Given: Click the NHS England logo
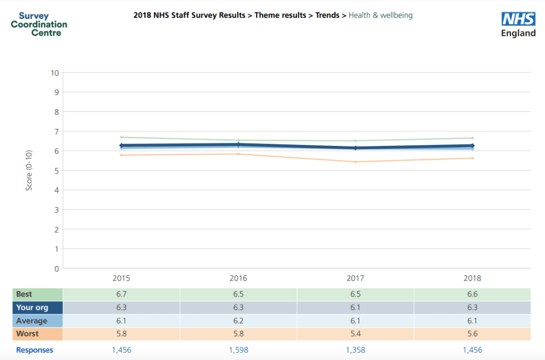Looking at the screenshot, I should (518, 25).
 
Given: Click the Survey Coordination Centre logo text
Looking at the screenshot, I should (39, 24).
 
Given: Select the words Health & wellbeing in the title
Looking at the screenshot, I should (380, 15).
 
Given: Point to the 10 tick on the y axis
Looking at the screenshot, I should (55, 72).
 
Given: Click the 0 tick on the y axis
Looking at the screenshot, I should (56, 269).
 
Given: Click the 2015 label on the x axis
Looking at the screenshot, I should (121, 278).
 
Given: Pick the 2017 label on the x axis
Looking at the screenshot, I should (355, 278).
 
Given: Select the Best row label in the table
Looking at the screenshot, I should (24, 294).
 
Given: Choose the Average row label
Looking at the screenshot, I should (31, 321).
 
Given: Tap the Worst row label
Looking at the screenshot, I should (27, 334).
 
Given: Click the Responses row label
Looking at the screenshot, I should (35, 350).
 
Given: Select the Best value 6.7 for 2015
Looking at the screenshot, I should (121, 294).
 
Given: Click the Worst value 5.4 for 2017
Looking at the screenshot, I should (355, 334).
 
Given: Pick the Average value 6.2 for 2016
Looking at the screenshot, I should (238, 321).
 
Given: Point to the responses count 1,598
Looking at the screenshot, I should (238, 350).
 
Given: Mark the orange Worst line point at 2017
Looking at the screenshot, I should (355, 162).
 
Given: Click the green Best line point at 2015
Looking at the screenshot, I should (121, 137).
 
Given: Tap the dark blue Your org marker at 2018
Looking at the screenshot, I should (472, 145).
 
